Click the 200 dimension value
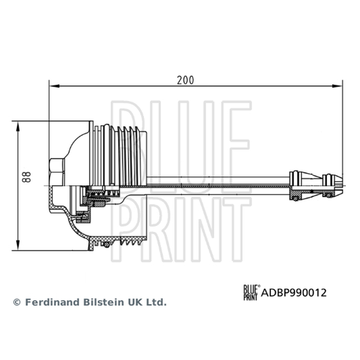185,80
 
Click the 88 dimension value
27,177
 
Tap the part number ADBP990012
294,293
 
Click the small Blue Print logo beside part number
252,292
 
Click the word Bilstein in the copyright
104,302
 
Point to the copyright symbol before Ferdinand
17,302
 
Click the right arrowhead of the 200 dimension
337,86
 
